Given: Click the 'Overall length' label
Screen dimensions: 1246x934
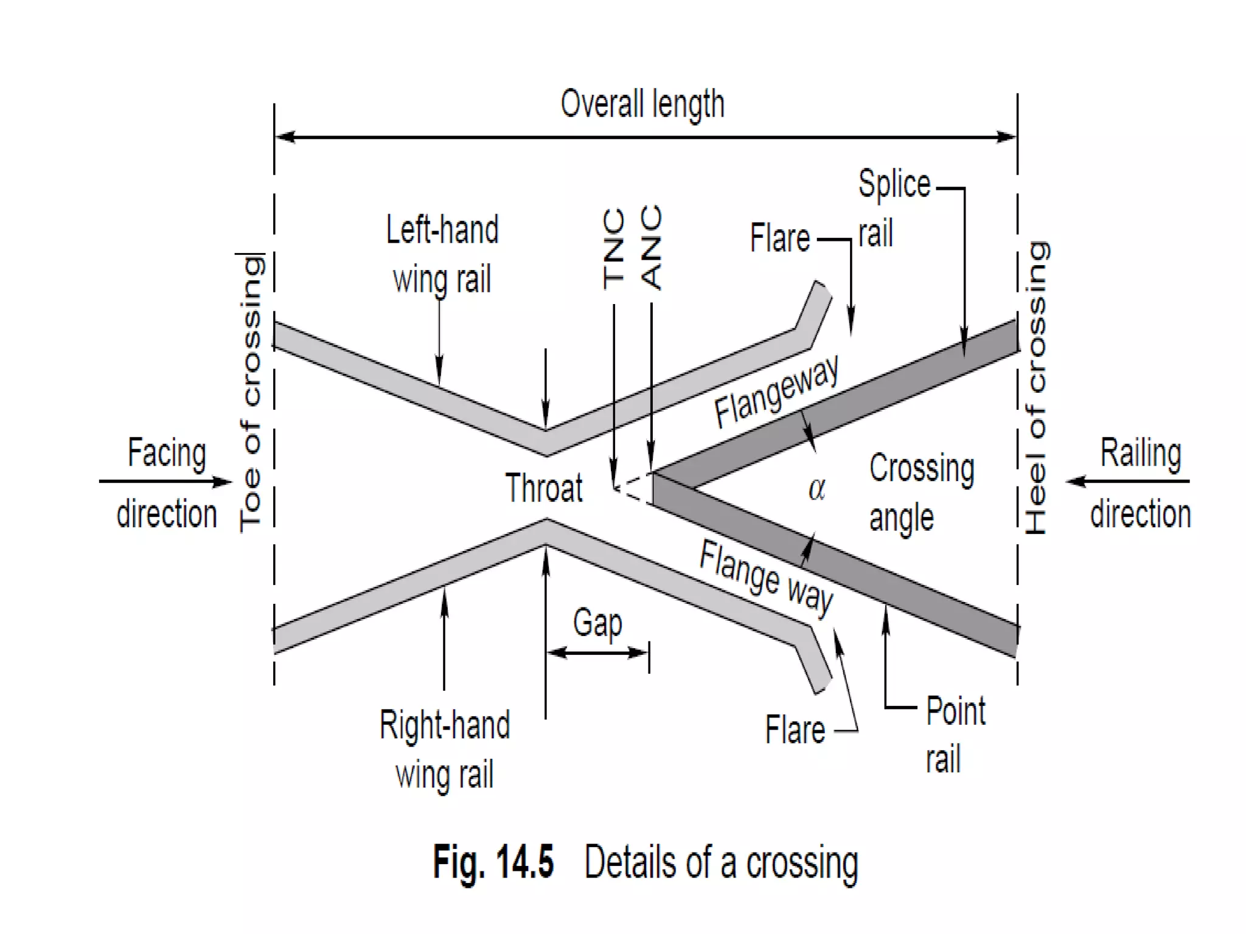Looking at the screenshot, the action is pyautogui.click(x=642, y=105).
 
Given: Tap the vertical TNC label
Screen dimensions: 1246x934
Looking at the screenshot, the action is pyautogui.click(x=614, y=249).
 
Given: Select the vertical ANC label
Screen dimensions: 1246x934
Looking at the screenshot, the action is pyautogui.click(x=651, y=247).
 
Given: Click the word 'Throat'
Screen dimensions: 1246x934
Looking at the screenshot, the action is pyautogui.click(x=543, y=488).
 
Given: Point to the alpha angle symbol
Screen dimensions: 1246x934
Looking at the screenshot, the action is pyautogui.click(x=816, y=489).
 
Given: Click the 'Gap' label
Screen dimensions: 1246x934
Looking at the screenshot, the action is pyautogui.click(x=597, y=623).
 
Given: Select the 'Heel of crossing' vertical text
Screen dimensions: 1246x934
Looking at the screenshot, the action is pyautogui.click(x=1036, y=388).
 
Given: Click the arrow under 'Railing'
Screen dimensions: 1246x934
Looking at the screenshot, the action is pyautogui.click(x=1127, y=482).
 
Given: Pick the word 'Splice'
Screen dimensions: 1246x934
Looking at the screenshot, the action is pyautogui.click(x=894, y=184).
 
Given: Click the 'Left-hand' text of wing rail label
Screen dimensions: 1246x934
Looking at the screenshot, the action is pyautogui.click(x=442, y=230).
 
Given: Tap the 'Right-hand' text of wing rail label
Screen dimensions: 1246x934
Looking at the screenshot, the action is pyautogui.click(x=445, y=725).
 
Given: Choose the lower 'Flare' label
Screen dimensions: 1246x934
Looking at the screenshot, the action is pyautogui.click(x=795, y=730).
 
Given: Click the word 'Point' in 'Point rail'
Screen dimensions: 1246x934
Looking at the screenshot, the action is pyautogui.click(x=955, y=711).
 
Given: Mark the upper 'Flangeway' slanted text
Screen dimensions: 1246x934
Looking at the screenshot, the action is pyautogui.click(x=776, y=391).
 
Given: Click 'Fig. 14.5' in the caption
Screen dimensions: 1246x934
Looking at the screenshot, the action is pyautogui.click(x=493, y=862).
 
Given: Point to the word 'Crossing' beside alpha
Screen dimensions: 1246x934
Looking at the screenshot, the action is pyautogui.click(x=921, y=469).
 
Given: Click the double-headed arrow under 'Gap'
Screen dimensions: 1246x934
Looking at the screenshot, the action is pyautogui.click(x=597, y=653).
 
